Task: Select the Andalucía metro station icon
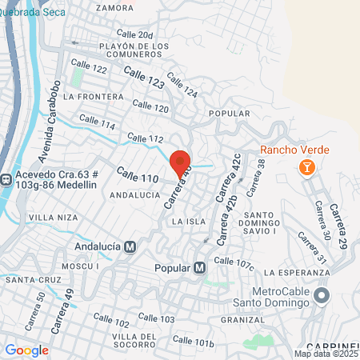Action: click(130, 247)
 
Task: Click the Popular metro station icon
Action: click(200, 268)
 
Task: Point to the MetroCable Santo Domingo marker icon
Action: click(322, 296)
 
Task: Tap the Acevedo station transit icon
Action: click(5, 178)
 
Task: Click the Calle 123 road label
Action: click(144, 79)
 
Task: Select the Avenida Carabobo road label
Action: click(49, 120)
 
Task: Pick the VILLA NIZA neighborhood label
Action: click(53, 217)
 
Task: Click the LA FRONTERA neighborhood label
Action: click(92, 96)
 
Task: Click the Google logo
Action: click(26, 350)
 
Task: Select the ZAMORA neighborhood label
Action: click(114, 7)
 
